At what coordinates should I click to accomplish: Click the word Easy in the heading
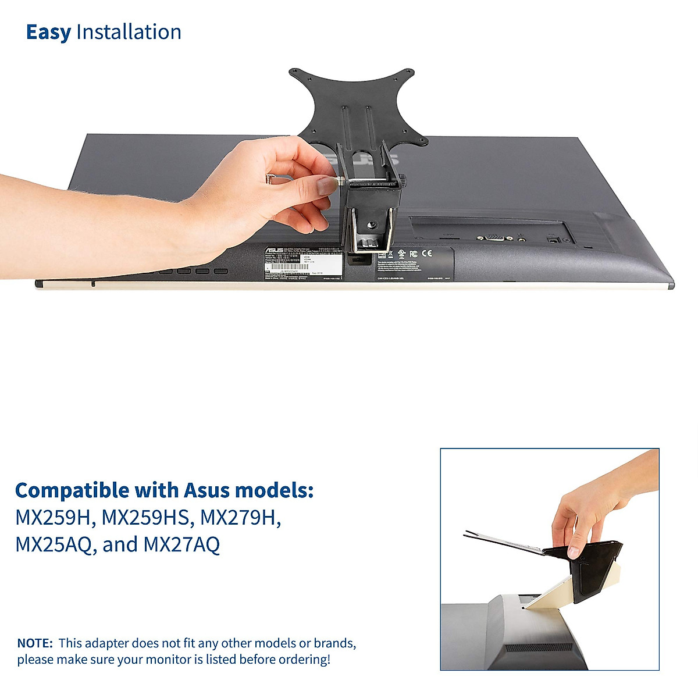48,33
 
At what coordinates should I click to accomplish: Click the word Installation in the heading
129,33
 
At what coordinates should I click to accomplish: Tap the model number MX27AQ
181,545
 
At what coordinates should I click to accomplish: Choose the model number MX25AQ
53,545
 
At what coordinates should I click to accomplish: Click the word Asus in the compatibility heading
207,490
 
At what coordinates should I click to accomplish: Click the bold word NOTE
35,643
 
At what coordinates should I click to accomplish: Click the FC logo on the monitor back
413,254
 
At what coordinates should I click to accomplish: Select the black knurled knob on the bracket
401,181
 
